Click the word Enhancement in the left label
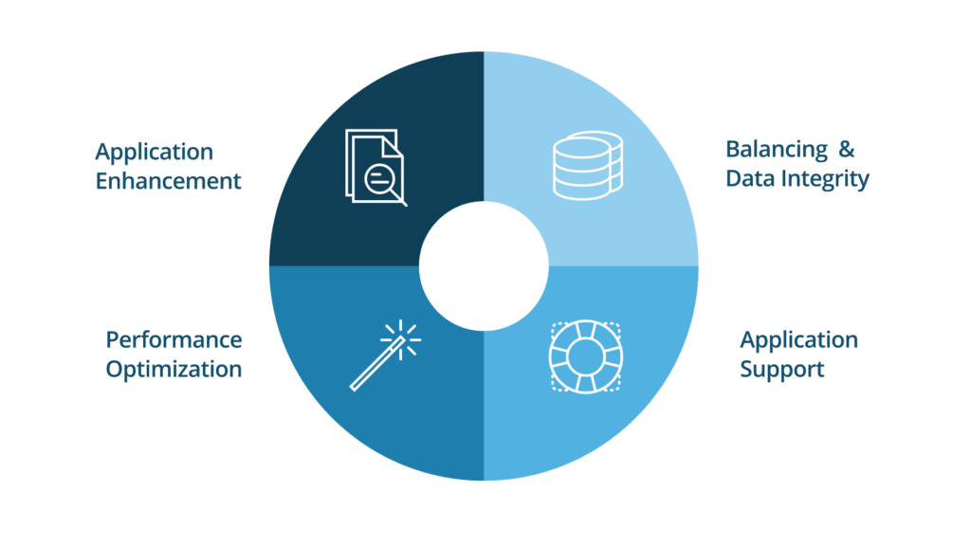pos(168,181)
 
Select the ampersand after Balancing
pos(848,150)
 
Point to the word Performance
pos(174,339)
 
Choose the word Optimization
pos(174,369)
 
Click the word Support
pos(782,369)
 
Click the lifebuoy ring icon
pos(586,357)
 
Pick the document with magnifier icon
pos(376,167)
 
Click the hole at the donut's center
pos(484,266)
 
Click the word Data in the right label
pos(746,178)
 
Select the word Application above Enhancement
pos(154,152)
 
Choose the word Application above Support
pos(798,339)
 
